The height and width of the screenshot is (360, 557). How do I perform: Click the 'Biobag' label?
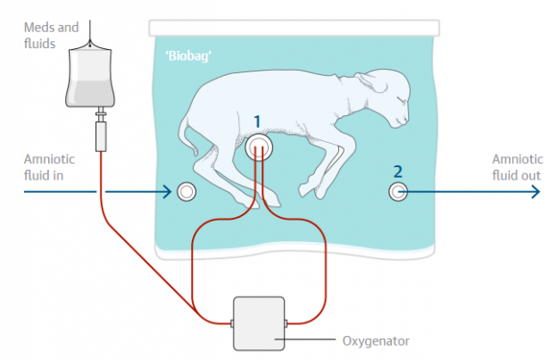click(x=188, y=56)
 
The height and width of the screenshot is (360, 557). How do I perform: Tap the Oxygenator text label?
click(x=376, y=341)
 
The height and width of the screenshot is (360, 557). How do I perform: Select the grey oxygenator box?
click(x=259, y=323)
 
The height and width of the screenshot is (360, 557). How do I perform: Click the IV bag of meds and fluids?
click(x=90, y=77)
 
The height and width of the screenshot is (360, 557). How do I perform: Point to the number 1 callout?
click(x=258, y=121)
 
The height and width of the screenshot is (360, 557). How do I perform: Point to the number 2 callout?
click(x=398, y=172)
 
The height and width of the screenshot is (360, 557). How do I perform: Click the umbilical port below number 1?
click(x=259, y=147)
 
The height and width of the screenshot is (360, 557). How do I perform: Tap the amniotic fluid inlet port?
click(x=187, y=191)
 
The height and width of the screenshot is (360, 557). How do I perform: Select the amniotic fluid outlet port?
click(x=398, y=191)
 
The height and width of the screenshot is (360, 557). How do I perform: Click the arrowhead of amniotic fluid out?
click(x=536, y=192)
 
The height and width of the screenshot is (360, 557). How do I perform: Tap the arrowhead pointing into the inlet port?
click(x=167, y=192)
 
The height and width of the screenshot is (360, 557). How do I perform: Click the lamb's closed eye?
click(x=400, y=99)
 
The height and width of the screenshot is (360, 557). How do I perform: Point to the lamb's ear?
click(x=371, y=83)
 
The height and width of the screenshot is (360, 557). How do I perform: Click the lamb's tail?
click(x=187, y=137)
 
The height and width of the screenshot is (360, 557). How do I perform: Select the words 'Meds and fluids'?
click(x=51, y=35)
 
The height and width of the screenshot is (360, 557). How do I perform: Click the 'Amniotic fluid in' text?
click(x=49, y=167)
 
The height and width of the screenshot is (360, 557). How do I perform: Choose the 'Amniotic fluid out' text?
click(x=517, y=167)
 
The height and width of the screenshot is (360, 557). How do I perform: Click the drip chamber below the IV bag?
click(x=101, y=137)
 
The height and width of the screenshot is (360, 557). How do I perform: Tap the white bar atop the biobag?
click(x=295, y=28)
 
